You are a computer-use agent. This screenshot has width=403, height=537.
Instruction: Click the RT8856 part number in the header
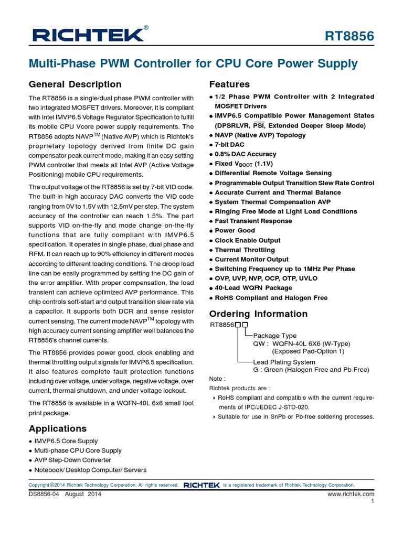pos(349,36)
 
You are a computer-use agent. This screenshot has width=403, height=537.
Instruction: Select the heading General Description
pos(75,84)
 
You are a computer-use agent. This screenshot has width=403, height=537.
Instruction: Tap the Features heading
pos(229,84)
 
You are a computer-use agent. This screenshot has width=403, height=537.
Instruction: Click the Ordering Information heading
pos(258,314)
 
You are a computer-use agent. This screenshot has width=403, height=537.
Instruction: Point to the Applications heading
pos(58,428)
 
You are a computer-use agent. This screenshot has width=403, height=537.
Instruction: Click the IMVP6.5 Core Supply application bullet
pos(66,441)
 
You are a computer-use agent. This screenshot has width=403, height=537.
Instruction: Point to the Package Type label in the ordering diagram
pos(274,336)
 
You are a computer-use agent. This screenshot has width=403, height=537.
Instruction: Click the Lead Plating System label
pos(284,362)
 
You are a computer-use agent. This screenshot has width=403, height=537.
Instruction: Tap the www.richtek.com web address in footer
pos(351,494)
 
